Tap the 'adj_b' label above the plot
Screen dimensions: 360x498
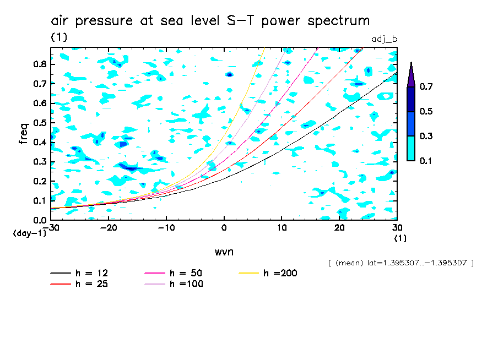point(385,39)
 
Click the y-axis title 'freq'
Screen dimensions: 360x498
point(23,133)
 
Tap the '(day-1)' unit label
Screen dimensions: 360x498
point(29,233)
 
